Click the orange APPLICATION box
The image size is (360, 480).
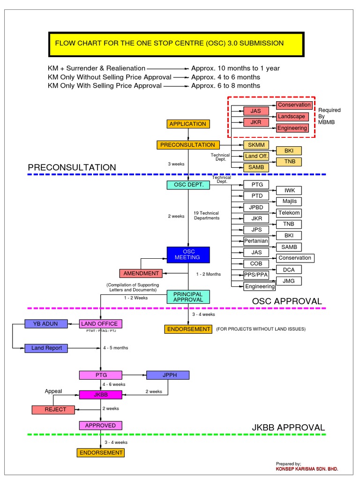187,124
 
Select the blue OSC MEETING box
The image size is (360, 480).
188,255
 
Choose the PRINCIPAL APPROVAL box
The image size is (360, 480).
188,297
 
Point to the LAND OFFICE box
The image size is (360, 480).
99,324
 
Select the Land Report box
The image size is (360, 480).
46,348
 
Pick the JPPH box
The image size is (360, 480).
168,375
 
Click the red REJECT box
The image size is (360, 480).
55,410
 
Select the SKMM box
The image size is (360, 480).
256,145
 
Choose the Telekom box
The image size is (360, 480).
289,213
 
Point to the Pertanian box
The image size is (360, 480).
256,241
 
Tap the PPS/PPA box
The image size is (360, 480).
256,275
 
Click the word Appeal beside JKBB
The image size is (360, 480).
53,391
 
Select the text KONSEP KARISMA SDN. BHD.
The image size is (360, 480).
307,469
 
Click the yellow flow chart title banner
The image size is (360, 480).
176,44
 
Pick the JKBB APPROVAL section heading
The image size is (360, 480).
288,427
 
